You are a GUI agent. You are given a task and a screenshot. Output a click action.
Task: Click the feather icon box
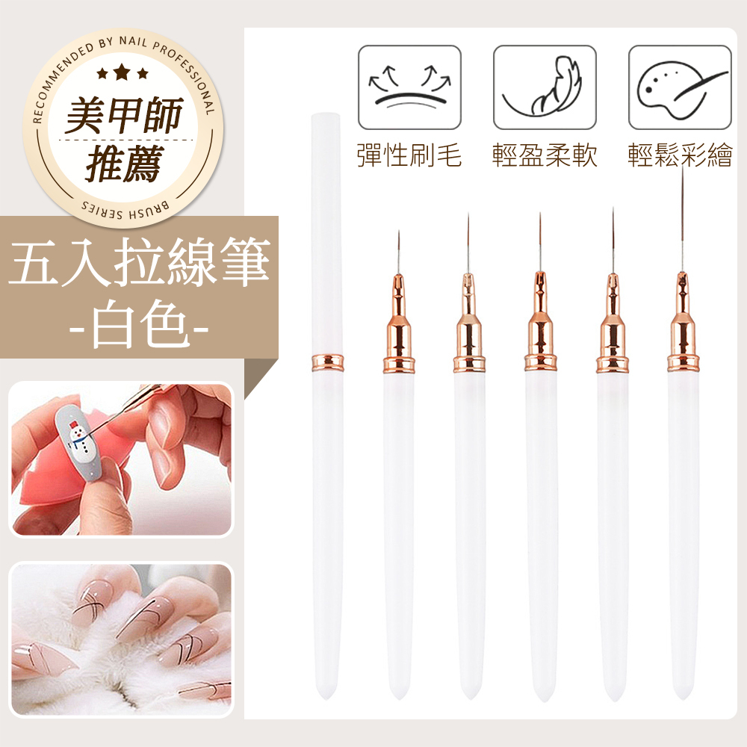click(545, 87)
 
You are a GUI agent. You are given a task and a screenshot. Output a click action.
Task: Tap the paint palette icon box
click(680, 87)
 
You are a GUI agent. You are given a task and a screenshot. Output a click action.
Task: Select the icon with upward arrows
click(409, 87)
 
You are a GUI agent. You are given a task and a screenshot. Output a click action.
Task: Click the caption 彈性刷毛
click(409, 155)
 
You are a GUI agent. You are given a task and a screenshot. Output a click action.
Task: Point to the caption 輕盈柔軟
click(545, 155)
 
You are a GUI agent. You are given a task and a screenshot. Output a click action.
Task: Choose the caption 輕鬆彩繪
click(680, 155)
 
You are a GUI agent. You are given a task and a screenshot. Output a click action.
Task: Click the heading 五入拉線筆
click(139, 262)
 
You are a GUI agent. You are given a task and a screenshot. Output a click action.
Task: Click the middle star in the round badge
click(122, 72)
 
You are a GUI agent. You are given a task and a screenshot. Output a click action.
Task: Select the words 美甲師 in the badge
click(124, 115)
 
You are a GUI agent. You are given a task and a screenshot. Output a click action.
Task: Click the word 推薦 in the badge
click(125, 163)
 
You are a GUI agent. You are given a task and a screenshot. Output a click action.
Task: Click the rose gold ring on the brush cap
click(327, 362)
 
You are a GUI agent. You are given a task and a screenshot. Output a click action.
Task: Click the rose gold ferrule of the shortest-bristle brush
click(399, 324)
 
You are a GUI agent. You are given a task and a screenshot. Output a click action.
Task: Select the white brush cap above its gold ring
click(326, 233)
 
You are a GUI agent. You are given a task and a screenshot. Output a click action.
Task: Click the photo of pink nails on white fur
click(122, 639)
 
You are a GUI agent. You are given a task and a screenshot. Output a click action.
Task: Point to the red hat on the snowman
click(73, 424)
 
